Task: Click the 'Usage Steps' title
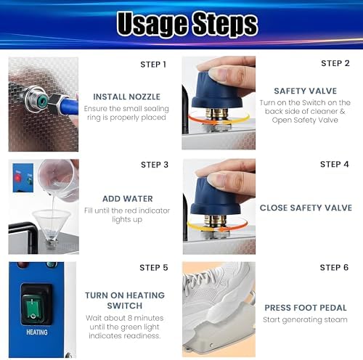tap(187, 24)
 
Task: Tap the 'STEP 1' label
tap(153, 65)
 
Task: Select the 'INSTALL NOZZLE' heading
tap(126, 97)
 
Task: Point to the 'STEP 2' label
tap(335, 63)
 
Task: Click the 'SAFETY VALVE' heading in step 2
tap(306, 91)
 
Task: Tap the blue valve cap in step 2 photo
tap(216, 91)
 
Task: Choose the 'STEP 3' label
tap(155, 165)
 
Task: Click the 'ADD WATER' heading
tap(128, 199)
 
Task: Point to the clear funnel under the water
tap(52, 224)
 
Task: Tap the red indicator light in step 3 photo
tap(17, 178)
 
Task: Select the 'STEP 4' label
tap(335, 164)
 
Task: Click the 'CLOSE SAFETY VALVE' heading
tap(306, 208)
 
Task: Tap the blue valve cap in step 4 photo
tap(214, 196)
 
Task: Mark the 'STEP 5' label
tap(154, 268)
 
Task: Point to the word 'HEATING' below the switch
tap(37, 332)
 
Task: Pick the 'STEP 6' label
tap(334, 268)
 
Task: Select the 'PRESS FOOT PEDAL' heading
tap(306, 308)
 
